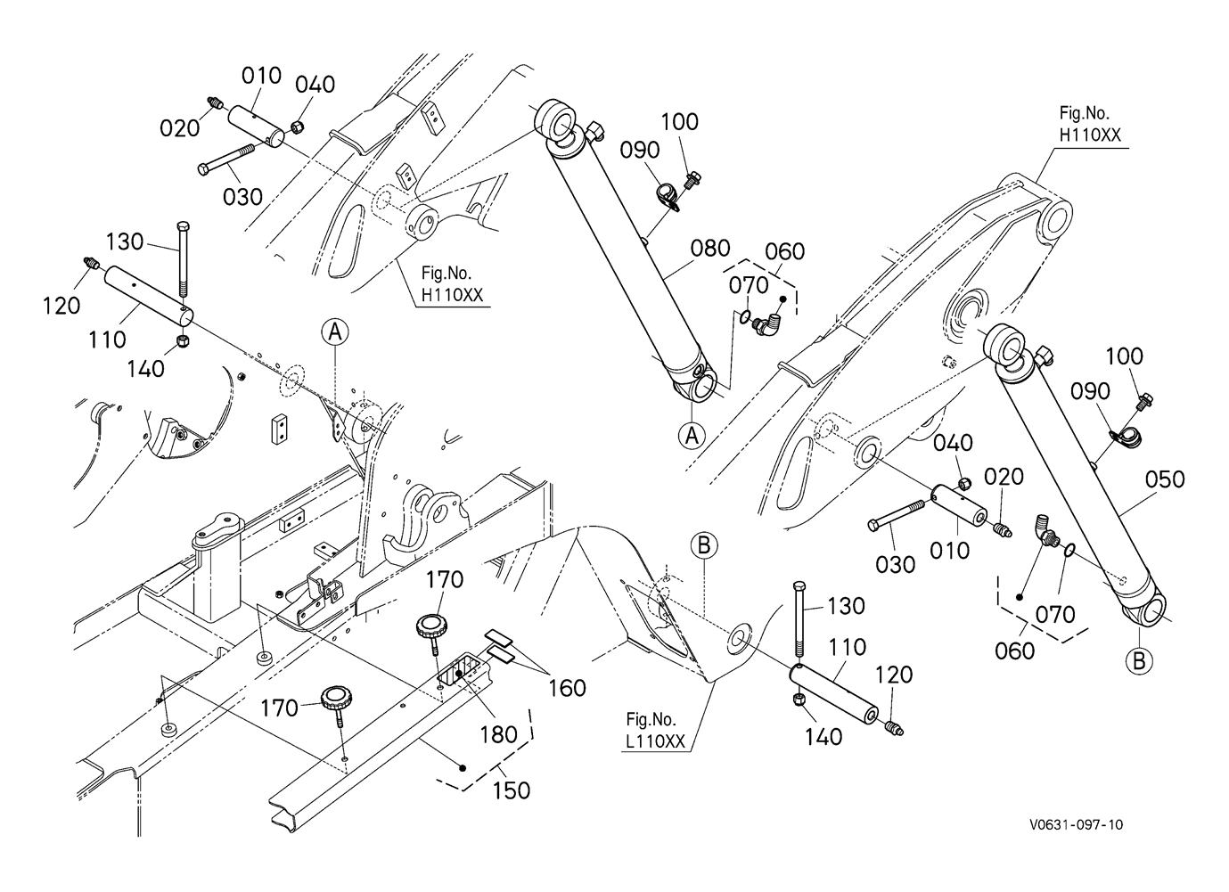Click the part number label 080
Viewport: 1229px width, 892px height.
[710, 249]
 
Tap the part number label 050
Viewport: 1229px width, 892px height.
[1165, 479]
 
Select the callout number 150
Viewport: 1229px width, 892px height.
[511, 790]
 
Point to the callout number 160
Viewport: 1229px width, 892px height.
[567, 688]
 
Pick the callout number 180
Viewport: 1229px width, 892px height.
[498, 734]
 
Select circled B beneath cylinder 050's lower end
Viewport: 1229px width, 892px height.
[1140, 661]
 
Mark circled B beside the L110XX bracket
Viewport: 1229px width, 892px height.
[703, 544]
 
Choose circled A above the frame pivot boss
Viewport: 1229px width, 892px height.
[335, 332]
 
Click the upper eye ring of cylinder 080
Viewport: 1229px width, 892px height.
[554, 120]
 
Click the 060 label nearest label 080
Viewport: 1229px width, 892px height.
[784, 252]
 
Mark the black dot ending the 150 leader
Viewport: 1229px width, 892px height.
[462, 767]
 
